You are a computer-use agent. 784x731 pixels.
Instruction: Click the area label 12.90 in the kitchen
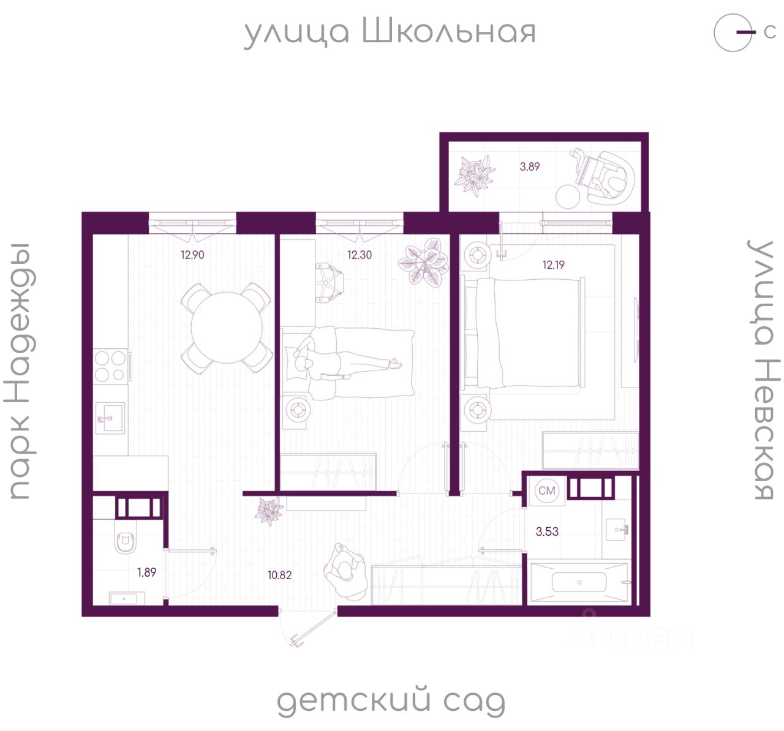(x=192, y=255)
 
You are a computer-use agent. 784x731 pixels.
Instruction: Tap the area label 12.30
(x=360, y=255)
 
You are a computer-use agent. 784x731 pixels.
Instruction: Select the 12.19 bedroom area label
(x=553, y=265)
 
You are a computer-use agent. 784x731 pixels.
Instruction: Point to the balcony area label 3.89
(x=530, y=167)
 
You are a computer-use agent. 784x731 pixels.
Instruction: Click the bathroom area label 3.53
(x=547, y=532)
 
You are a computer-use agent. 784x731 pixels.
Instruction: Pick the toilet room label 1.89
(x=146, y=572)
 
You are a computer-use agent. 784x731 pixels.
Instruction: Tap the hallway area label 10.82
(x=279, y=575)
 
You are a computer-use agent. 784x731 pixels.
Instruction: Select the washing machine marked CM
(x=547, y=491)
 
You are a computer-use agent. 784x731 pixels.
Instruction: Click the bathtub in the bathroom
(x=579, y=582)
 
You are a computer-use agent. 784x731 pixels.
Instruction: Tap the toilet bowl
(x=126, y=542)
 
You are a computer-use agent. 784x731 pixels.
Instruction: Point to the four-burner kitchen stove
(x=111, y=365)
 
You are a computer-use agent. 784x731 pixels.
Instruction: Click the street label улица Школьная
(x=390, y=32)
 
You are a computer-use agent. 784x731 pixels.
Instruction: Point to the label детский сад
(x=391, y=702)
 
